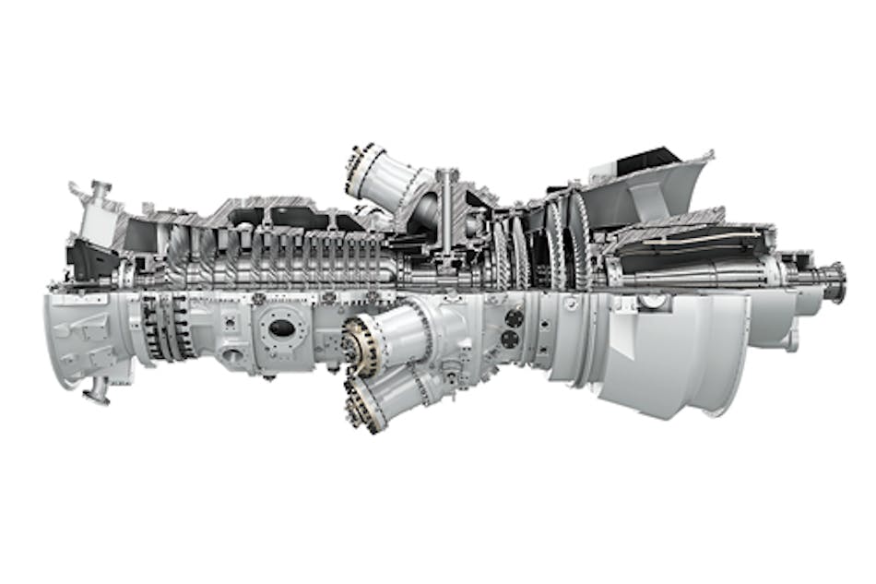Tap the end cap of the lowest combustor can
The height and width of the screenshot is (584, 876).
[362, 407]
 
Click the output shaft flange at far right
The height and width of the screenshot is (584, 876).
[835, 280]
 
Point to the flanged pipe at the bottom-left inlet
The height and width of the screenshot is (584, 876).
[96, 393]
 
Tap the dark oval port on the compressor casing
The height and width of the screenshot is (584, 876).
[282, 328]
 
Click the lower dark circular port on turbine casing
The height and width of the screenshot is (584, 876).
[509, 340]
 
